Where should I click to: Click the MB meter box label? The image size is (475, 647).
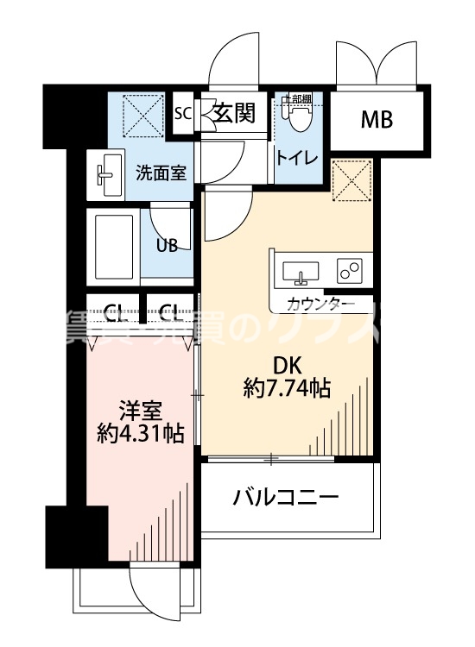click(x=377, y=119)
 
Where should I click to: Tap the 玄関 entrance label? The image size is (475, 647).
click(x=235, y=113)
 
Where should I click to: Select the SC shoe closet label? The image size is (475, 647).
click(x=182, y=113)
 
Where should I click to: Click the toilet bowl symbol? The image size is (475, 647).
click(x=299, y=116)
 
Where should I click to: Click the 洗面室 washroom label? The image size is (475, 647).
click(x=161, y=173)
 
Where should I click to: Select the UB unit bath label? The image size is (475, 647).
click(x=167, y=244)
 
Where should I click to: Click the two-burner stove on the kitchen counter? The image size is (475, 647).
click(x=350, y=271)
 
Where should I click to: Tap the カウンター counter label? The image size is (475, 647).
click(x=320, y=304)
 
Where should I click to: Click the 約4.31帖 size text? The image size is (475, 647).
click(x=140, y=433)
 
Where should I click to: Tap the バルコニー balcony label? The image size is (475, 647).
click(x=286, y=497)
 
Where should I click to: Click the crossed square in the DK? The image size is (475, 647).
click(x=352, y=179)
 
